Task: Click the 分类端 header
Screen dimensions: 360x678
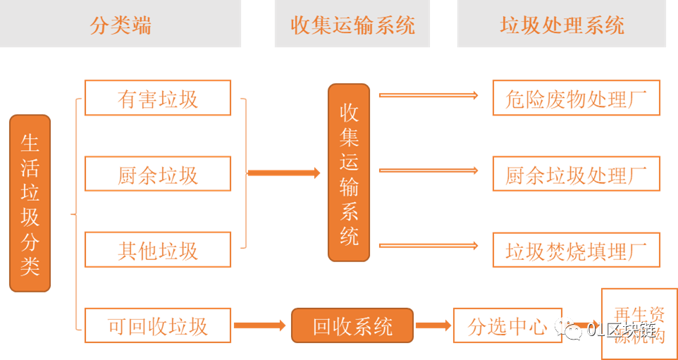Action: click(x=121, y=25)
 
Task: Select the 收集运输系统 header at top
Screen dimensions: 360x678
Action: click(x=352, y=25)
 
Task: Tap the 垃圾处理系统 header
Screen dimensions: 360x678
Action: click(x=562, y=25)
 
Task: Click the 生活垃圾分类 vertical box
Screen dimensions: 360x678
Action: click(x=30, y=204)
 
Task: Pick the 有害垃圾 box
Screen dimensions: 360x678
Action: click(x=157, y=99)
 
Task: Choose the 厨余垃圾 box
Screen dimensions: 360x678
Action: click(x=157, y=174)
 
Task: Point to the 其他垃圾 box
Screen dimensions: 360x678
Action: click(x=157, y=250)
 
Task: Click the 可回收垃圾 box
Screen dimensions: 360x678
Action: click(x=157, y=325)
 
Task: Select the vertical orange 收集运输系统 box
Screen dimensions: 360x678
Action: click(x=349, y=173)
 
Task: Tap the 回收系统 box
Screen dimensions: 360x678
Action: click(x=352, y=325)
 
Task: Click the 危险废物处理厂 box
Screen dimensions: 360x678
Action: click(x=576, y=99)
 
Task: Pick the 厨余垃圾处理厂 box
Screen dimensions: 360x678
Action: click(x=576, y=174)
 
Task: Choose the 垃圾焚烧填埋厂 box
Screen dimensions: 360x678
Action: click(x=576, y=250)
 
